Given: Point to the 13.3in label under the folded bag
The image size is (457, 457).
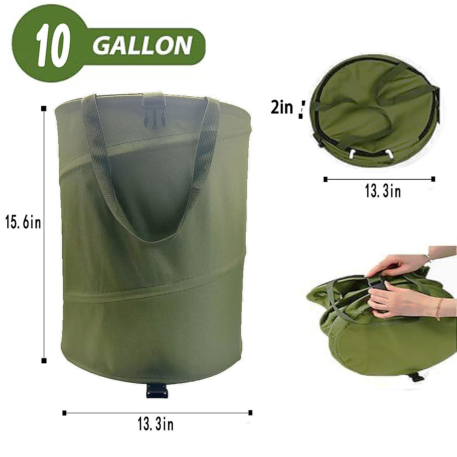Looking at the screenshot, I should [383, 192].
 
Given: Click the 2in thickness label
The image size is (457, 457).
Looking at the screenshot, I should [282, 108].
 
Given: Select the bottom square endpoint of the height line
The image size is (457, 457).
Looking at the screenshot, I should [44, 360].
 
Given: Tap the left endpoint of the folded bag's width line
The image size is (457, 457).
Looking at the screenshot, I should [325, 178].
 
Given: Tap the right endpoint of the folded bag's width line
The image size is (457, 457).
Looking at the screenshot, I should [433, 178].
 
